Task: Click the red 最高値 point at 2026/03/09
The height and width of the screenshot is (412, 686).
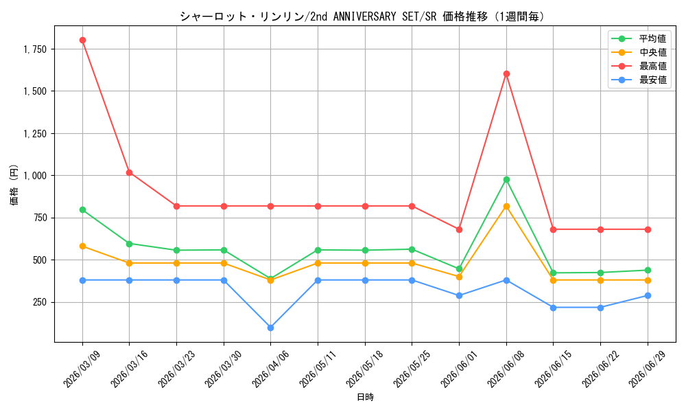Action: coord(83,41)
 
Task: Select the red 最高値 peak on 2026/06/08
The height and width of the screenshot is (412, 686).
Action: coord(507,74)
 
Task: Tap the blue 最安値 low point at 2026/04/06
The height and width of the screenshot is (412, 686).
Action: coord(271,328)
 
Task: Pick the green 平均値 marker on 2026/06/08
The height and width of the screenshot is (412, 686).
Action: coord(507,179)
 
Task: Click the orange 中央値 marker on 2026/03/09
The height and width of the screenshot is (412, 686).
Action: coord(83,247)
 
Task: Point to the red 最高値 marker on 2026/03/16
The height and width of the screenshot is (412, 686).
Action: coord(130,173)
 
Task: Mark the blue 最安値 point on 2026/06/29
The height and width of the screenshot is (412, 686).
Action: coord(648,296)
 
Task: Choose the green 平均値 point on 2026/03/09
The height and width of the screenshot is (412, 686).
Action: coord(83,209)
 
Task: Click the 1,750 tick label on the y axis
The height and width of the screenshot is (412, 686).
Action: coord(35,49)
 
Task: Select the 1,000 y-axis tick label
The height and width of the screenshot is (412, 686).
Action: coord(35,176)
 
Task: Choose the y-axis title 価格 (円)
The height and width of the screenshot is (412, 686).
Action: coord(14,185)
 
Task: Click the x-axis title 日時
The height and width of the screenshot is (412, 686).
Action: coord(366,398)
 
